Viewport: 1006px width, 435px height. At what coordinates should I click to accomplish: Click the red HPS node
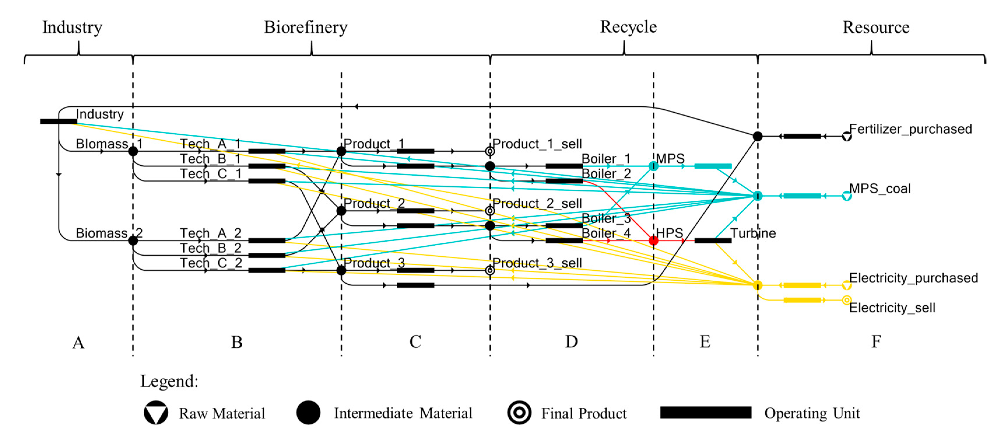tap(653, 240)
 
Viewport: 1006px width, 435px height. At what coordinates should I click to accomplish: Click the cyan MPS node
tap(653, 166)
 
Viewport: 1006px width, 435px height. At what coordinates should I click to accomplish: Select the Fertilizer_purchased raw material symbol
tap(846, 137)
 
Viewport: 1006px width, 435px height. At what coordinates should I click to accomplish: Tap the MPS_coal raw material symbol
tap(846, 196)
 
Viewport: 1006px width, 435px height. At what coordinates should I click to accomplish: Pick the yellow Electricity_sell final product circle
tap(846, 300)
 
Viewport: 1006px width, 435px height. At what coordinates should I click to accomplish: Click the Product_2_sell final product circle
tap(490, 211)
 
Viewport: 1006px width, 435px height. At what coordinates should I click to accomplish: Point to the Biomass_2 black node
tap(133, 240)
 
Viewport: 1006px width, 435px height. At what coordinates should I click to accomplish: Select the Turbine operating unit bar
tap(713, 240)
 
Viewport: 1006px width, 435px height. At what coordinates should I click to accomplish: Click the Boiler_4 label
tap(606, 233)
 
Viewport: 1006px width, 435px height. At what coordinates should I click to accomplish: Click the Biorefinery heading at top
tap(306, 27)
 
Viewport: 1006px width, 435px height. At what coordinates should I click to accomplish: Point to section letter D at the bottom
tap(571, 342)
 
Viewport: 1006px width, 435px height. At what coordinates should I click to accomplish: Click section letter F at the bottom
tap(876, 342)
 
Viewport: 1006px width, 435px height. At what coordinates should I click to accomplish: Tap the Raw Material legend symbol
tap(156, 413)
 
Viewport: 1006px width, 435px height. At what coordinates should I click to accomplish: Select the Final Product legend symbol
tap(519, 413)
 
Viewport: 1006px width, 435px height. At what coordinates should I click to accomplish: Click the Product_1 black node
tap(341, 151)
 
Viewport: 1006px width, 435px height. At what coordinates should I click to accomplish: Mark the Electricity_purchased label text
tap(913, 278)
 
